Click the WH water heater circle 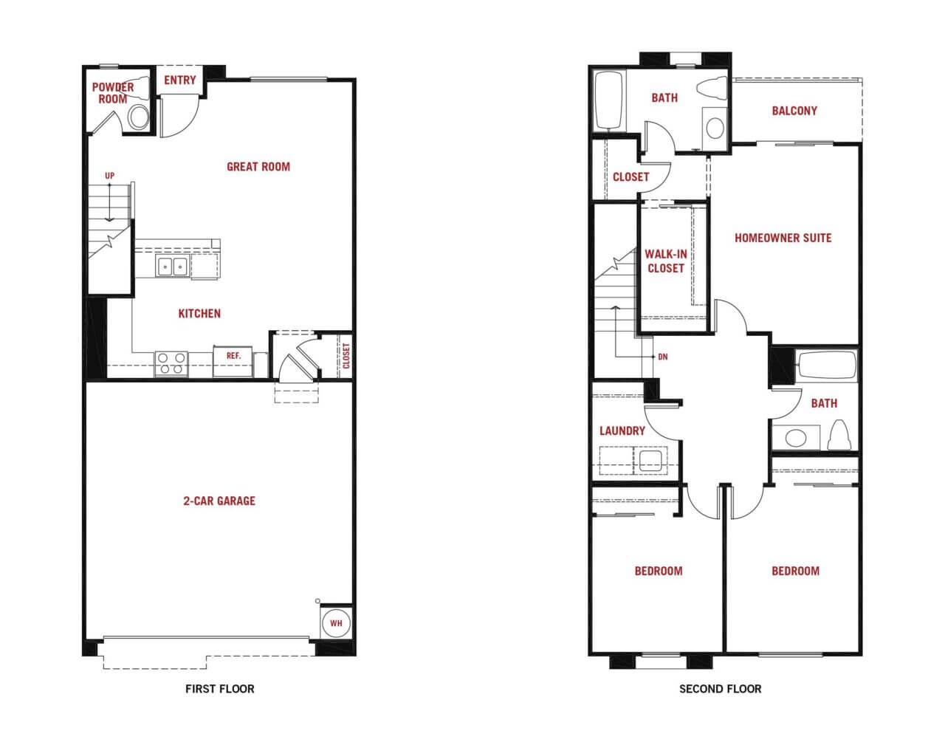[336, 622]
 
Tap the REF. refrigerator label [233, 356]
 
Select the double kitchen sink [172, 266]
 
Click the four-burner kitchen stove [171, 364]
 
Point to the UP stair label [110, 176]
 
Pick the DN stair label [663, 357]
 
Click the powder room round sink [139, 117]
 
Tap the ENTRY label [180, 80]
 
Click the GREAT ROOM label [258, 167]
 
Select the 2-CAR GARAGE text [219, 501]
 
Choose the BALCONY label [795, 111]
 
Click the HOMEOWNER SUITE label [783, 238]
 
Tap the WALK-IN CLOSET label [666, 261]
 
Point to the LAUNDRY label [622, 431]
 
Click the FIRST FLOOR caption [219, 689]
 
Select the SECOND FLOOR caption [720, 689]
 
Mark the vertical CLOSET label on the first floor [346, 356]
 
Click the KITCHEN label [199, 314]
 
